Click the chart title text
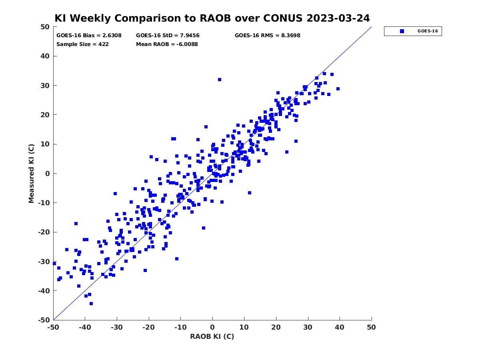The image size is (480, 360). (x=212, y=18)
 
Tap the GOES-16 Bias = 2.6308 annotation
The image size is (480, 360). (x=89, y=36)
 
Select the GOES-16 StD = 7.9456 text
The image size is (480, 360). (x=168, y=36)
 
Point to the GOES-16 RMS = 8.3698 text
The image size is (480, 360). (x=267, y=36)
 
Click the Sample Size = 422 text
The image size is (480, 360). (x=82, y=44)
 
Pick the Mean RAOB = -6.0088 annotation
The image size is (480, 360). (x=167, y=44)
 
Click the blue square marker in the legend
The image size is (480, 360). (x=402, y=31)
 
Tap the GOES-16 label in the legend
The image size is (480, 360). (x=428, y=31)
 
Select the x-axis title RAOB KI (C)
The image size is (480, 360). (x=212, y=336)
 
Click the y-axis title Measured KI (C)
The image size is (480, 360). (x=31, y=173)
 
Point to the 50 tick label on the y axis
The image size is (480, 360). (x=45, y=27)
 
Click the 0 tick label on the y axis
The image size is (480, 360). (x=48, y=174)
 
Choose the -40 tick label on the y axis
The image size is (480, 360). (x=44, y=291)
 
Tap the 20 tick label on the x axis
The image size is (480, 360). (x=276, y=327)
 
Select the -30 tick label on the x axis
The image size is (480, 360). (x=116, y=327)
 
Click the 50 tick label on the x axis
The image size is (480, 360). (x=371, y=327)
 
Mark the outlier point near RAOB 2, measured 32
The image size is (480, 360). (x=219, y=80)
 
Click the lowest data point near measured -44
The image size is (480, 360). (x=91, y=304)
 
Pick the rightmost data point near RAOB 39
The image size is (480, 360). (x=338, y=89)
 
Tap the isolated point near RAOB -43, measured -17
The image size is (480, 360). (x=76, y=224)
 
